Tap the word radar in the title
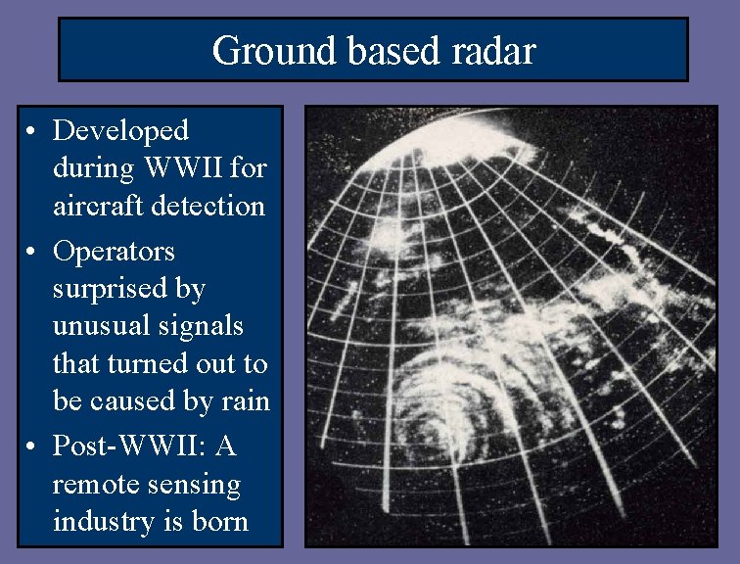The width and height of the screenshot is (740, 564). pyautogui.click(x=494, y=50)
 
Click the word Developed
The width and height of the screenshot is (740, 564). pyautogui.click(x=120, y=130)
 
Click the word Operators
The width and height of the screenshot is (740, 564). pyautogui.click(x=115, y=252)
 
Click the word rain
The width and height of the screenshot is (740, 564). pyautogui.click(x=244, y=401)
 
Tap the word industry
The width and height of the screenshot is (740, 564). pyautogui.click(x=102, y=522)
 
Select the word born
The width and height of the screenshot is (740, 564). pyautogui.click(x=222, y=522)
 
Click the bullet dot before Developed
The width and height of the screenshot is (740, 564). pyautogui.click(x=33, y=131)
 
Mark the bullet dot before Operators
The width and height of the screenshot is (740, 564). pyautogui.click(x=33, y=253)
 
